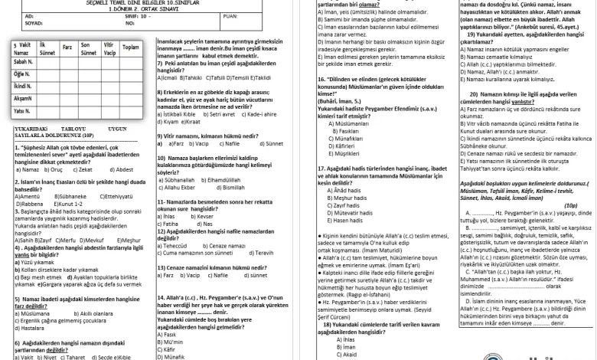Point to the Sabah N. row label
[x=23, y=61]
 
